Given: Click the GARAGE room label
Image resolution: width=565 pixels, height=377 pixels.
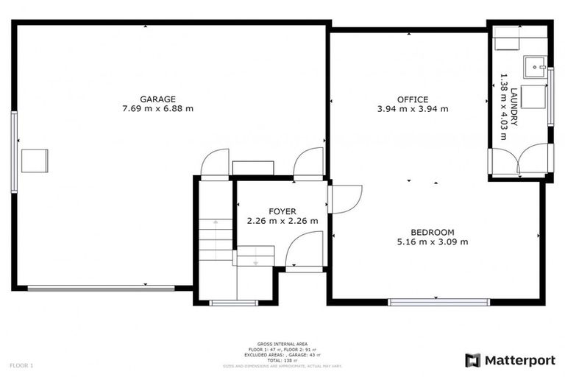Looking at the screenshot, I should point(157,99).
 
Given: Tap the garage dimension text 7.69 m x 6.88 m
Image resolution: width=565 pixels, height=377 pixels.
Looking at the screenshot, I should point(157,108).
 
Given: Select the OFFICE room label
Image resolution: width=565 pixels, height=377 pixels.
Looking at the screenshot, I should point(412,99).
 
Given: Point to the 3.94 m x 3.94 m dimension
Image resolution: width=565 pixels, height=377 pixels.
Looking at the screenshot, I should point(412,109).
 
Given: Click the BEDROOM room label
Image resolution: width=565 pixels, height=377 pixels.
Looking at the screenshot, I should point(433,232).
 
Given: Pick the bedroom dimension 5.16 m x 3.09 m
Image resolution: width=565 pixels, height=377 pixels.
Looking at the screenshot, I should point(433,242).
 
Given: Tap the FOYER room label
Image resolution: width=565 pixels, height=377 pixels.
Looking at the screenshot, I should point(282,211).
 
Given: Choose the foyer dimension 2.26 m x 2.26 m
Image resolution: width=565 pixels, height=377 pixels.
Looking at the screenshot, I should point(282,221).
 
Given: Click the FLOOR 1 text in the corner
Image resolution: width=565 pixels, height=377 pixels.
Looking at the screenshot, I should point(21,365).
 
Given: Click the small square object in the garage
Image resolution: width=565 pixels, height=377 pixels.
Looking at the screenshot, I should point(35,161).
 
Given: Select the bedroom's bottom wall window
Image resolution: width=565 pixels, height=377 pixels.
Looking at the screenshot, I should point(439,301).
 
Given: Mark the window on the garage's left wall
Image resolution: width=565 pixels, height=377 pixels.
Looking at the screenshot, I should point(14,152).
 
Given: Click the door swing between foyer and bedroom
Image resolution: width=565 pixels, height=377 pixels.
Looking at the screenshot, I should point(344,199).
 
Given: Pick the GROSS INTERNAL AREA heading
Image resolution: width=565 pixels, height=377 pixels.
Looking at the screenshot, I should point(282,344).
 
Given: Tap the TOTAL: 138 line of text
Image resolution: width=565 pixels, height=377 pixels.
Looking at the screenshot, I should point(282,361).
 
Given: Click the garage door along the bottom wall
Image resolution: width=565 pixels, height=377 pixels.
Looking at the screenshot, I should point(101,288).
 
